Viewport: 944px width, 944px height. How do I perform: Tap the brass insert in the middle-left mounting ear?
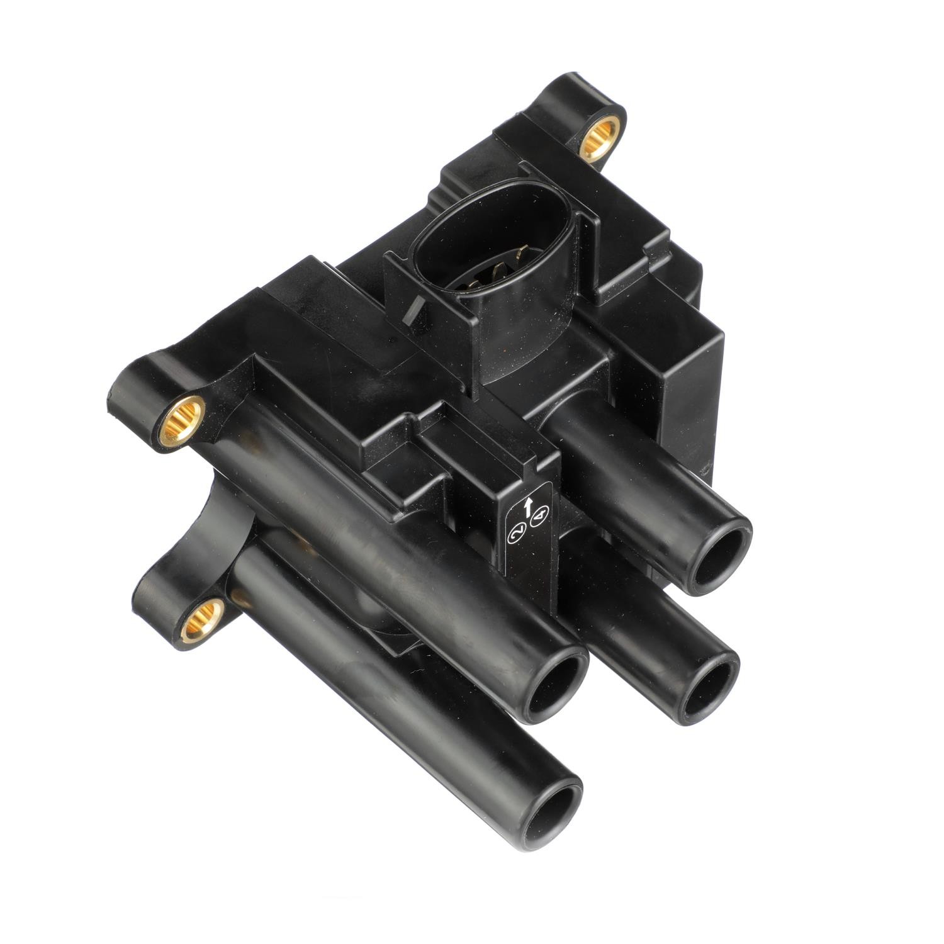[x=183, y=420]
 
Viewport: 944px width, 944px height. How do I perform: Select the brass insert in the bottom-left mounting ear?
[x=202, y=619]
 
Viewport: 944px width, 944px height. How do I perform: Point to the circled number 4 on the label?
[x=540, y=518]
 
